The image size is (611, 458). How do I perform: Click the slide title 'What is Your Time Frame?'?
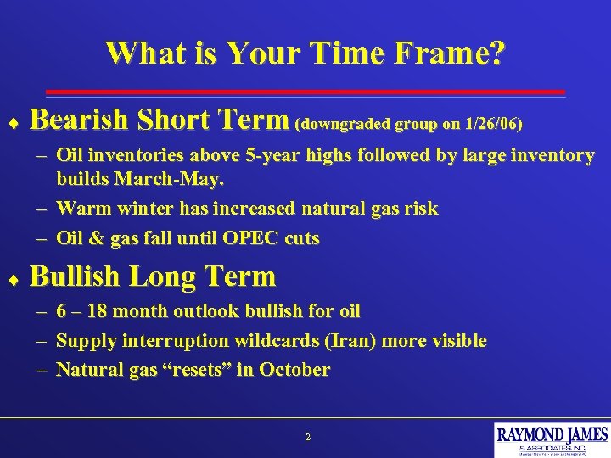(305, 53)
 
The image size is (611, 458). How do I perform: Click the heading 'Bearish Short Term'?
(160, 120)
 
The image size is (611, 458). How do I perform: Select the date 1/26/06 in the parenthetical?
(492, 124)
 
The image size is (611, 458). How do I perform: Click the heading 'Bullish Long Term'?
(153, 276)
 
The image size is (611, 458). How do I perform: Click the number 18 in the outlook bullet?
(105, 311)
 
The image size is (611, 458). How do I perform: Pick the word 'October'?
(295, 370)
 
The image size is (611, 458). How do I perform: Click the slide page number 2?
(307, 438)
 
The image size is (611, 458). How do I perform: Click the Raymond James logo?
(552, 439)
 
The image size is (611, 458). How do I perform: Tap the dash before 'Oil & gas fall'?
(42, 239)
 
